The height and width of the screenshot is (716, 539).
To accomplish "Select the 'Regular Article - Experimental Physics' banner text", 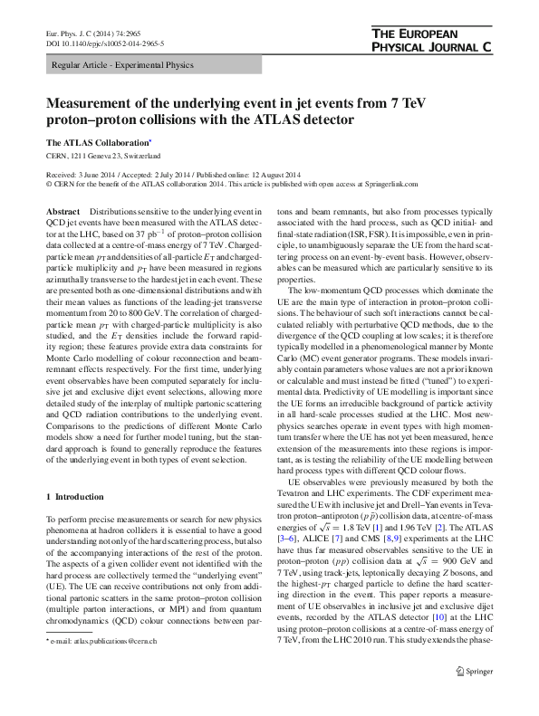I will click(x=118, y=67).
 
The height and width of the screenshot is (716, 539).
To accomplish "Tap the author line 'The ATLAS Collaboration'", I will click(x=98, y=143).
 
